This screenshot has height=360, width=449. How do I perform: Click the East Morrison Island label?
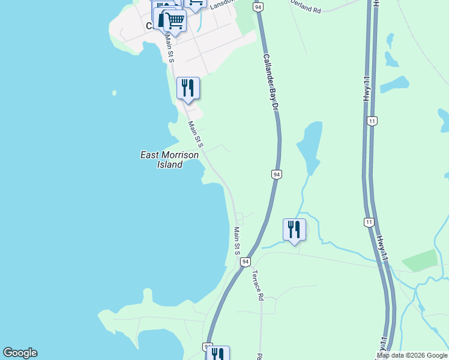(169, 160)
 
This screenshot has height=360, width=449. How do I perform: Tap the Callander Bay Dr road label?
(271, 81)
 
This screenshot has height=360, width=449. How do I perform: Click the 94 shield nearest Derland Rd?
(258, 7)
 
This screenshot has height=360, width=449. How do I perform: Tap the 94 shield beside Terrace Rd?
(246, 262)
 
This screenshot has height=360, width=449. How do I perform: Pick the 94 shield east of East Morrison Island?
(276, 174)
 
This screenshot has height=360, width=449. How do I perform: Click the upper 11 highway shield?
(373, 121)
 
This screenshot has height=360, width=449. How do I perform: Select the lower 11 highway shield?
(369, 222)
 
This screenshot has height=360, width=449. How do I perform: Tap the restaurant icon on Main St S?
(188, 89)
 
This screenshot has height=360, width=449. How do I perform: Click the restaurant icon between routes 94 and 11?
(294, 230)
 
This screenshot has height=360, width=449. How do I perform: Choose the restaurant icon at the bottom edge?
(217, 354)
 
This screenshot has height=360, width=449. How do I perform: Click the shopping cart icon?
(175, 20)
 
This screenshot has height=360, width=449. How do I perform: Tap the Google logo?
(20, 353)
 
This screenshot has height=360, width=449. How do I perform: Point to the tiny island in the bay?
(114, 93)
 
